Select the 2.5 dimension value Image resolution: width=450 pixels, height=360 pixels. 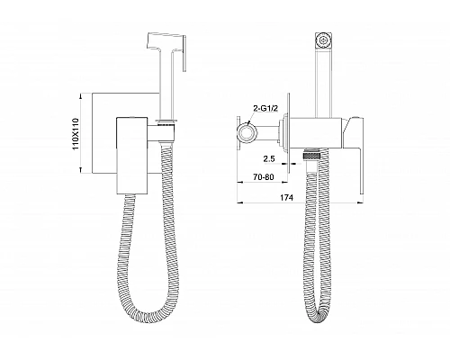click(269, 158)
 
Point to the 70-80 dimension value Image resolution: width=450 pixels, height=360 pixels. click(264, 177)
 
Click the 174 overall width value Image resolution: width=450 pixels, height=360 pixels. click(287, 197)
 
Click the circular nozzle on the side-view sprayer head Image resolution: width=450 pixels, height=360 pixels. click(323, 40)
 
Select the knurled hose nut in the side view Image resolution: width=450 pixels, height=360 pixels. click(312, 156)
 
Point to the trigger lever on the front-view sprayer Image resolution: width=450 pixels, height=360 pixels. click(184, 53)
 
